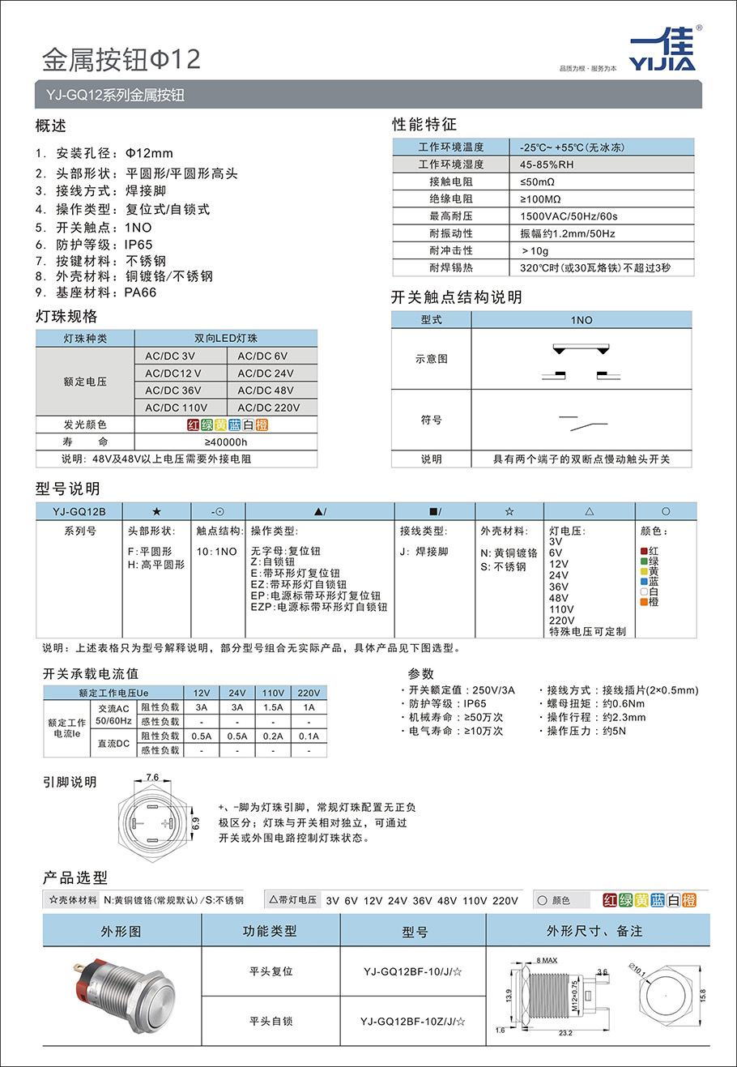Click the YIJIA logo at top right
point(662,50)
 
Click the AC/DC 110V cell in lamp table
point(177,408)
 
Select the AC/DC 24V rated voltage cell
point(266,373)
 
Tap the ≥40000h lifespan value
point(226,442)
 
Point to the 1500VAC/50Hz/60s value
point(569,216)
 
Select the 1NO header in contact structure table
point(582,320)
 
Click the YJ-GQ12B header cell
point(79,511)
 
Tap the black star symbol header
point(156,511)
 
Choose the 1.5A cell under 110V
point(273,707)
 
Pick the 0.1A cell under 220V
point(309,736)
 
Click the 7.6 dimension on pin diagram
point(152,778)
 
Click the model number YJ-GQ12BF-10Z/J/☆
point(413,1022)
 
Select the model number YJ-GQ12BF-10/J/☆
point(413,971)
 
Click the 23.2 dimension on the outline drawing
point(565,1033)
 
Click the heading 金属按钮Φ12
point(121,59)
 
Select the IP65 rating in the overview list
point(138,245)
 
